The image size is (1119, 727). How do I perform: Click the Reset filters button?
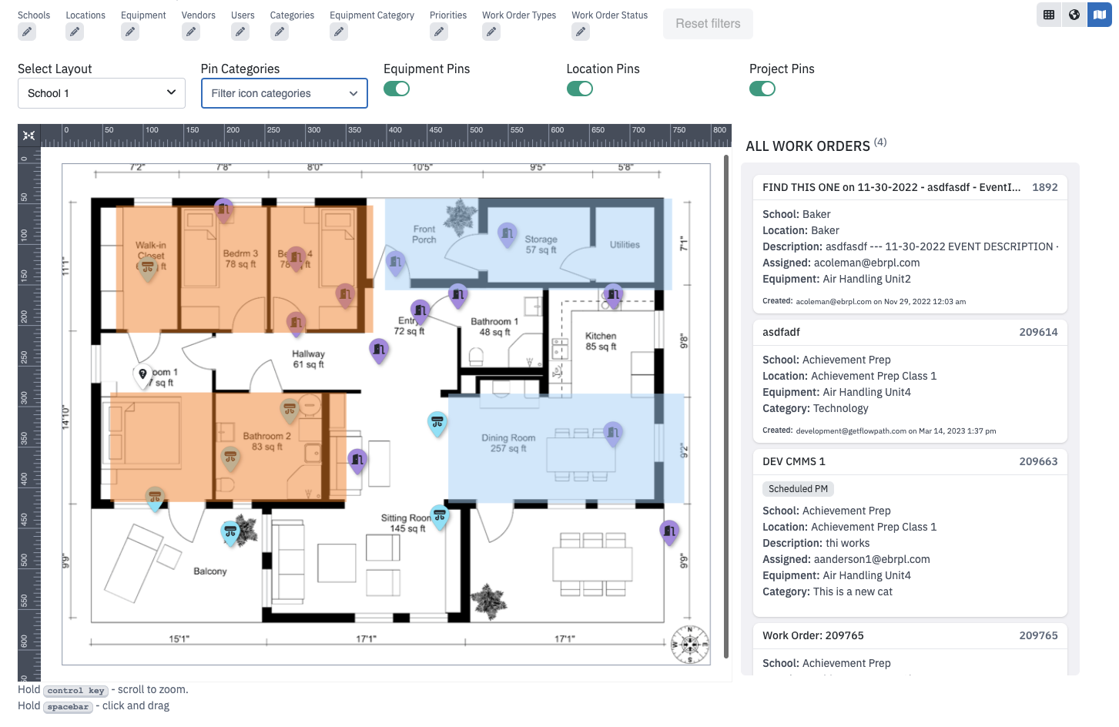(x=707, y=24)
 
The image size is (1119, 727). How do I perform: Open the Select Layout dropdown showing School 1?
(x=101, y=93)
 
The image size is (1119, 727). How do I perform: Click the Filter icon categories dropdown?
(x=283, y=93)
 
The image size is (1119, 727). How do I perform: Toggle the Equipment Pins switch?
(x=397, y=89)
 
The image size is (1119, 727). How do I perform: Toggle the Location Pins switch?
(x=579, y=89)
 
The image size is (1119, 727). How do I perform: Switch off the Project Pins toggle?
(x=762, y=89)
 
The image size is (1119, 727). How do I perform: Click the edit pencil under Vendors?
(x=191, y=32)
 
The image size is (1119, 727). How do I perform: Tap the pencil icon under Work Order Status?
(x=581, y=32)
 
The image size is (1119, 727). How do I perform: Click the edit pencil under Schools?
(x=27, y=32)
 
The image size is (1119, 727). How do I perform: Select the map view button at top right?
(x=1099, y=15)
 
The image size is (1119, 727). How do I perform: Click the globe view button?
(x=1074, y=15)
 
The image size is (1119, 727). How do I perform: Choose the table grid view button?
(x=1049, y=15)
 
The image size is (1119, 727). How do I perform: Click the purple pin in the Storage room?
(x=507, y=233)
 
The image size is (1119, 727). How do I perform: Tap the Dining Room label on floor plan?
(x=508, y=443)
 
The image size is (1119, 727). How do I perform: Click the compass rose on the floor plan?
(x=689, y=644)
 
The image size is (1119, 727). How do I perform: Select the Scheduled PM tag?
(x=798, y=489)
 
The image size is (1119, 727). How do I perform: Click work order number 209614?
(x=1037, y=332)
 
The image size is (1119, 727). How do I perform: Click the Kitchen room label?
(x=601, y=341)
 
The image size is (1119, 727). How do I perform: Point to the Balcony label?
(x=210, y=571)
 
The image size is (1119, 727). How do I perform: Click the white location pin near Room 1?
(x=142, y=374)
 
